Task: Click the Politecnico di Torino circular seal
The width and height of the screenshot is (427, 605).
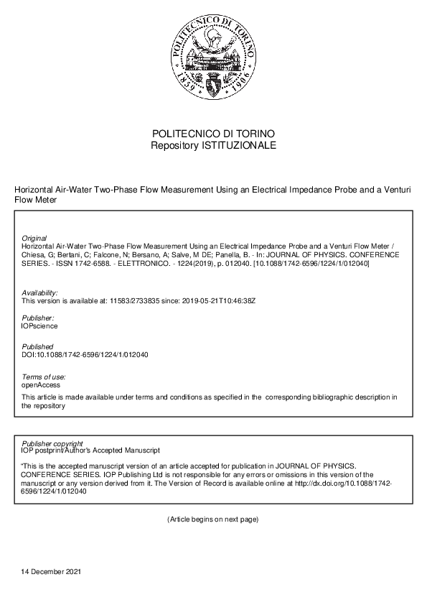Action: [213, 58]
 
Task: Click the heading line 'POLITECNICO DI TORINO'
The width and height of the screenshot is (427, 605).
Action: [213, 134]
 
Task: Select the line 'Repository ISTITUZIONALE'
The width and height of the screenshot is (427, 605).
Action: [213, 145]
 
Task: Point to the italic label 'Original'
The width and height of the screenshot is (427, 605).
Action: [34, 238]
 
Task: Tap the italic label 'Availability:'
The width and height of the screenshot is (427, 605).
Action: [40, 293]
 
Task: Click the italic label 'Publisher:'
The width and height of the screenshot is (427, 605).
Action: [38, 318]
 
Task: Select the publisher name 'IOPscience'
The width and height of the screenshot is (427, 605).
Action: [40, 325]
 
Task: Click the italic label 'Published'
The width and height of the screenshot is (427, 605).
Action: [37, 347]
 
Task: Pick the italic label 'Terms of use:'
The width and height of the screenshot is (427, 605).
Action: [44, 377]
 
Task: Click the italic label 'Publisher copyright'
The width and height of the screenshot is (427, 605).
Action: [52, 443]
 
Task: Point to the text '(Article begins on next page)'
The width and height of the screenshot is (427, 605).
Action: [212, 519]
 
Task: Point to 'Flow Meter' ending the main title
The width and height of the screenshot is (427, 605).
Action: [35, 200]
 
